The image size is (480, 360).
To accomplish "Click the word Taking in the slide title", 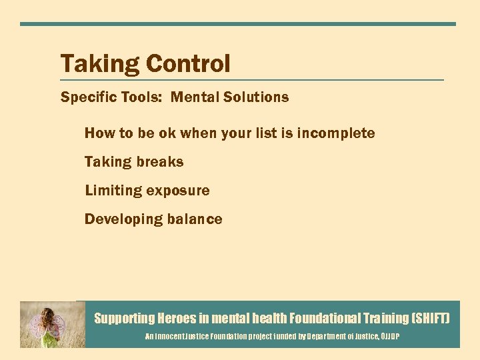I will click(x=100, y=65).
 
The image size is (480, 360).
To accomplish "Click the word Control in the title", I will click(x=188, y=64).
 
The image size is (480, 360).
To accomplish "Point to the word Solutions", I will click(x=256, y=97).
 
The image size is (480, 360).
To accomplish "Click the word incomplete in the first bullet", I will click(x=336, y=133).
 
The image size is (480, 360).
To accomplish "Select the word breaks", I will click(x=160, y=162).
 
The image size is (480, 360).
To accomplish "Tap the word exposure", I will click(x=178, y=191).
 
